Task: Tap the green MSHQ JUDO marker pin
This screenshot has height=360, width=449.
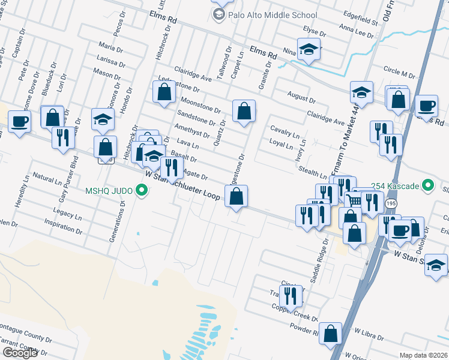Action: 142,191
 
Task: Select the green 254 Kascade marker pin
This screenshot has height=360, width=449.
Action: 428,185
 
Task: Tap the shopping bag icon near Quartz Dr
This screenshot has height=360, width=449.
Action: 244,111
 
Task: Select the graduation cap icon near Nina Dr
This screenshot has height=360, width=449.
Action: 309,50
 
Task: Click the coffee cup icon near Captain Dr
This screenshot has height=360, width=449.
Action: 19,122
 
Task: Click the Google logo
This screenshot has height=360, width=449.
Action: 20,353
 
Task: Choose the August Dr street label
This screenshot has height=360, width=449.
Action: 301,98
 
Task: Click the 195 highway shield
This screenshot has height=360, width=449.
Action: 391,204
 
